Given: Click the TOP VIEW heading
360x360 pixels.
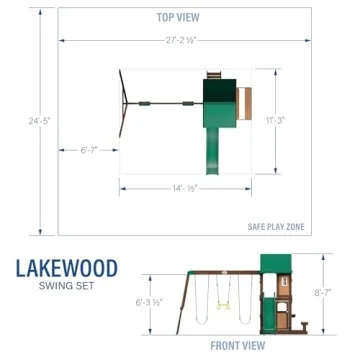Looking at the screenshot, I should click(x=180, y=17).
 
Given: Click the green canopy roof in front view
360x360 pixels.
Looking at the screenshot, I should click(x=272, y=260).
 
